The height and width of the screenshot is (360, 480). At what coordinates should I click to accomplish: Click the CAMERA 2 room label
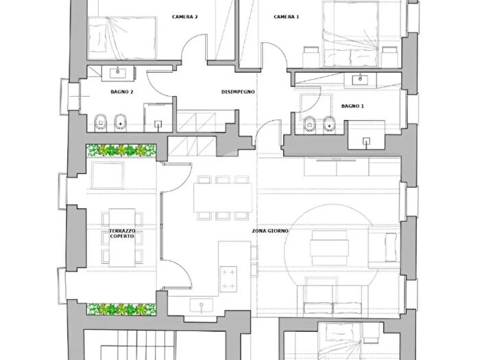184,16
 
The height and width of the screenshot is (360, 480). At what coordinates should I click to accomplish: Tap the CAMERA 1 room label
286,16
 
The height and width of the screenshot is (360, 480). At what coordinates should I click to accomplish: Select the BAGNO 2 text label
122,91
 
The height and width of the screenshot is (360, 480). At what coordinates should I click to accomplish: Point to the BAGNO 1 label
352,106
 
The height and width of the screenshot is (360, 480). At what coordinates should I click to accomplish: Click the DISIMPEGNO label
238,91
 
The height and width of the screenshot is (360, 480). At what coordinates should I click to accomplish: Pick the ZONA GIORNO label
270,231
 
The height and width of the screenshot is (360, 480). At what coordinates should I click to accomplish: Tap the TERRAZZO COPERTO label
122,234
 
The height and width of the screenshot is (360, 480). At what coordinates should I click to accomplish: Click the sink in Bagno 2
118,73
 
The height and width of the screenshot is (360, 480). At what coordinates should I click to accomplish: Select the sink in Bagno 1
361,80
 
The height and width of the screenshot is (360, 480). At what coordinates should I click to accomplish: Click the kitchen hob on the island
228,279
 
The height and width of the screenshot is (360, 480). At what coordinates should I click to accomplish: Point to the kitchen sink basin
201,306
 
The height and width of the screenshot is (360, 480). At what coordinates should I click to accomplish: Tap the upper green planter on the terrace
121,150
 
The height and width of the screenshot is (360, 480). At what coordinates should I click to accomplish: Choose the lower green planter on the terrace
121,309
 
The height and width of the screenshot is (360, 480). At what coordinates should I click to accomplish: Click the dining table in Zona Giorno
223,197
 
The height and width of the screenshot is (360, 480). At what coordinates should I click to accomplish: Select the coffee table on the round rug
329,248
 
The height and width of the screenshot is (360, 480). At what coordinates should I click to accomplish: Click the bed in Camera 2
122,38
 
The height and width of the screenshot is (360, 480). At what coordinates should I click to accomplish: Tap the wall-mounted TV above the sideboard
336,160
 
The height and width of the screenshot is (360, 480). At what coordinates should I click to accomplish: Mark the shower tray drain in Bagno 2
158,124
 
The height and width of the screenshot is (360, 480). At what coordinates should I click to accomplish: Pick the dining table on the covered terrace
122,237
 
